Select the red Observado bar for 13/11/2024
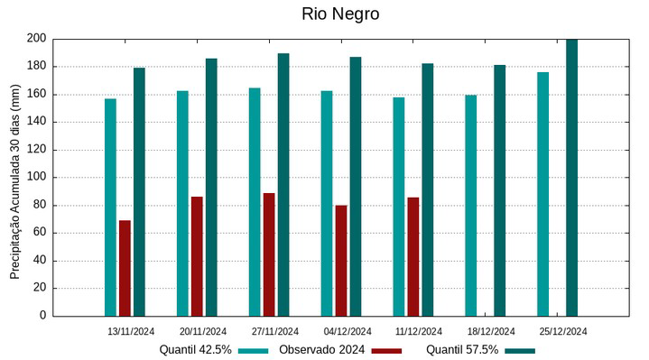125,268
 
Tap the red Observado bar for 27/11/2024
269,254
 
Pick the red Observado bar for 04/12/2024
341,261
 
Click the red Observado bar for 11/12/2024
413,256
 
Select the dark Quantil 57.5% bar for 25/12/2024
571,178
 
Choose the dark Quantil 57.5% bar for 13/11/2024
139,192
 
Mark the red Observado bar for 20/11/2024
197,256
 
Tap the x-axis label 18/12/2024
492,331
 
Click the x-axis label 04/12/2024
348,331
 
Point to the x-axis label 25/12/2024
563,331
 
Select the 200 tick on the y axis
36,39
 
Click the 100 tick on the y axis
36,178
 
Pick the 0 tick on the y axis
42,316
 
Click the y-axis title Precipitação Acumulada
15,178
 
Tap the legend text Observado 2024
321,349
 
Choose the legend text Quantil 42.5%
196,349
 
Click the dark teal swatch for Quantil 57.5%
520,350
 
